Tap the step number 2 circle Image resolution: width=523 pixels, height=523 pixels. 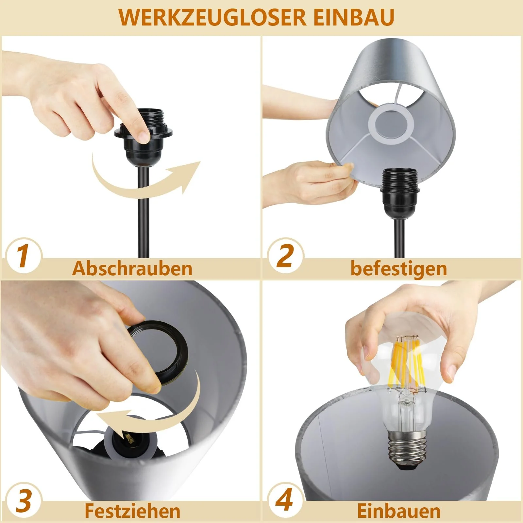(x=285, y=256)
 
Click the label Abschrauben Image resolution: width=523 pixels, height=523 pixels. (x=132, y=269)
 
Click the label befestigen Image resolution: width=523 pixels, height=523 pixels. (x=398, y=269)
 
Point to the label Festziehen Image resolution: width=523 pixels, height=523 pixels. (x=132, y=511)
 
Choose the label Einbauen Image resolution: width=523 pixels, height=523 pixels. (x=398, y=511)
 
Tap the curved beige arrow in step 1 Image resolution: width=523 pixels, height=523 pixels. (x=137, y=183)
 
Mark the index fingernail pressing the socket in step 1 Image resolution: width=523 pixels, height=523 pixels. (x=143, y=135)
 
